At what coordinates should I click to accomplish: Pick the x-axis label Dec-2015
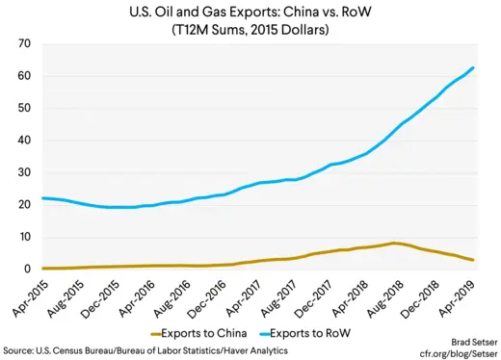coord(112,293)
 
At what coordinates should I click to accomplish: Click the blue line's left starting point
coord(43,198)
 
